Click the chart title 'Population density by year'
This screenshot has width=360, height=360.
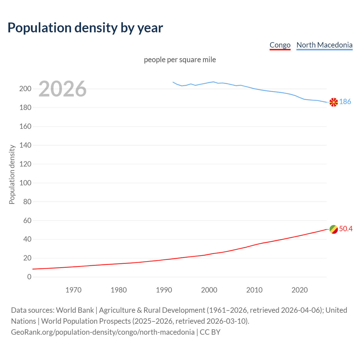85,28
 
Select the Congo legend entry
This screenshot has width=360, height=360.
280,45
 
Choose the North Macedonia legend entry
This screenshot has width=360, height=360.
324,45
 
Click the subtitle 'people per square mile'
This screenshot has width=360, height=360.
180,60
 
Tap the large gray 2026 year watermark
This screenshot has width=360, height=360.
62,89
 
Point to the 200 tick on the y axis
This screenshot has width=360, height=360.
25,89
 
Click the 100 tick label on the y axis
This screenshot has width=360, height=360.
25,183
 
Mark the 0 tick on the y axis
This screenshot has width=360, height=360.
29,277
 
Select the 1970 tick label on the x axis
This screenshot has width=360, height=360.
73,290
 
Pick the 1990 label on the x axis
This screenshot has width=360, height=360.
164,290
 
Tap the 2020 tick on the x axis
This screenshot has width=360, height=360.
300,290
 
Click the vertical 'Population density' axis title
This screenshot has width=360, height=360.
12,174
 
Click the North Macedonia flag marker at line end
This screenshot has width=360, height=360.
334,102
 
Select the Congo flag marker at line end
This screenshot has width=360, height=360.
334,229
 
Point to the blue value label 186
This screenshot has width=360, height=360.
345,102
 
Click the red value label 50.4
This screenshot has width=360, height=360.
346,229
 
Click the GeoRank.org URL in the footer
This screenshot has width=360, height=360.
103,332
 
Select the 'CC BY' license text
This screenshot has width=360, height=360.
210,332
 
